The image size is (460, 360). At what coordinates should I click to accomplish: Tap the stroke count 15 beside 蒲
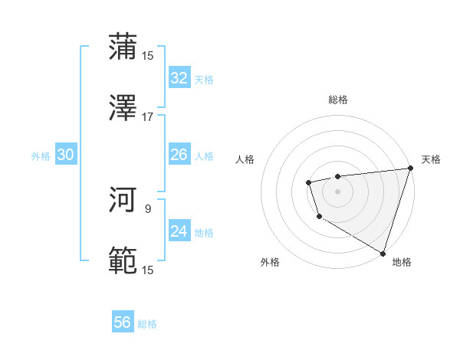click(x=147, y=55)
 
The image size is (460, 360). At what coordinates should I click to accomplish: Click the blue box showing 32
click(x=179, y=77)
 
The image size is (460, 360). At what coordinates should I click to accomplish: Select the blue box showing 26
click(x=179, y=155)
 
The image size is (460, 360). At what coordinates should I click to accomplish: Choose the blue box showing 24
click(x=179, y=231)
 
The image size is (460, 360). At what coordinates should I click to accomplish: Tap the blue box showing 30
click(x=65, y=155)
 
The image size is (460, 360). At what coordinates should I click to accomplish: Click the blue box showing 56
click(x=123, y=322)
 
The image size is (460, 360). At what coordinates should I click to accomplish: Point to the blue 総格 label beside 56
click(x=147, y=324)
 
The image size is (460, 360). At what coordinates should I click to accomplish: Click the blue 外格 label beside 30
click(x=41, y=156)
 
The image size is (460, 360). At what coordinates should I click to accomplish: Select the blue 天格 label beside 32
click(x=204, y=79)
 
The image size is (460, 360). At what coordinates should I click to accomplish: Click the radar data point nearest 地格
click(x=383, y=252)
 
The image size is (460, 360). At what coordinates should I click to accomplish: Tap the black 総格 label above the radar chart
click(x=337, y=100)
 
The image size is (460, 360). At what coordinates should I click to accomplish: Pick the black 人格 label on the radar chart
click(x=246, y=159)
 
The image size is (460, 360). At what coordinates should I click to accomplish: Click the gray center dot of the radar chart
click(x=337, y=191)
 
